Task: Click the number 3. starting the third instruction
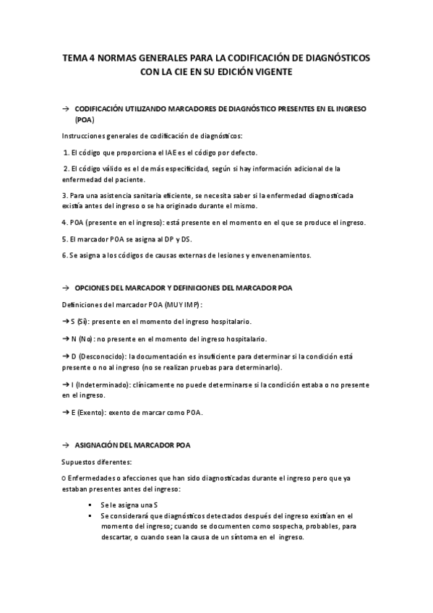64,195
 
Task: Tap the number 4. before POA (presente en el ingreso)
64,222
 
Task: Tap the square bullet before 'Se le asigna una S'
90,503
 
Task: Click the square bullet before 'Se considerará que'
90,515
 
